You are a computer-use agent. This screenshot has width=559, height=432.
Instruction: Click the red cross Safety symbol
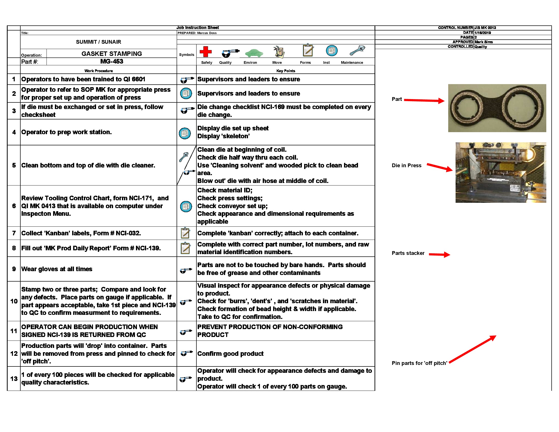(x=206, y=51)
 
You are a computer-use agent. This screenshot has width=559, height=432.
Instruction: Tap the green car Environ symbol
(x=254, y=53)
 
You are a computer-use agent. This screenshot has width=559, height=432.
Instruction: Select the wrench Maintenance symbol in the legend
(x=357, y=50)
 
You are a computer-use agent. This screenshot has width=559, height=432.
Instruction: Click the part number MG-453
(x=112, y=61)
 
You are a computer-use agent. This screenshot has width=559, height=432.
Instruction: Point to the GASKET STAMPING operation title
(x=112, y=54)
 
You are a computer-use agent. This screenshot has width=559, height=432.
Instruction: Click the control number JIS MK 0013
(x=485, y=28)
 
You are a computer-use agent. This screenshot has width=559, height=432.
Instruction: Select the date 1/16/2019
(x=483, y=33)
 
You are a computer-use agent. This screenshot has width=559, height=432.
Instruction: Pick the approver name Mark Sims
(x=484, y=42)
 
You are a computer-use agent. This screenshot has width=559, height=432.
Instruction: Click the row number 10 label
(x=14, y=301)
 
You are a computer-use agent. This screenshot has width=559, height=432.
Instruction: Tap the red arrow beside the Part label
(x=424, y=100)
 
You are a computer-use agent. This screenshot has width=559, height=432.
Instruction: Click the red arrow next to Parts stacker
(x=439, y=254)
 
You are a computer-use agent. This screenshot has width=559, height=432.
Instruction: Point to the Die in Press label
(x=406, y=166)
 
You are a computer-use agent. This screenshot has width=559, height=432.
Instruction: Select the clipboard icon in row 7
(x=185, y=233)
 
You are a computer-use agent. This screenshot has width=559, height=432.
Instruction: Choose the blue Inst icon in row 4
(x=185, y=133)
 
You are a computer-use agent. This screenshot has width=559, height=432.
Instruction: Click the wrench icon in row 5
(x=183, y=157)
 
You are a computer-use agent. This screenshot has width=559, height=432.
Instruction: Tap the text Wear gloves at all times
(x=57, y=269)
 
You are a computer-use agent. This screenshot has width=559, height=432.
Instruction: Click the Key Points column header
(x=286, y=71)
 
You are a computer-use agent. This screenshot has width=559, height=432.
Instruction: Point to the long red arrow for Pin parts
(x=473, y=349)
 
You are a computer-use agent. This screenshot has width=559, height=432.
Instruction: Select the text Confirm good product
(x=230, y=354)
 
